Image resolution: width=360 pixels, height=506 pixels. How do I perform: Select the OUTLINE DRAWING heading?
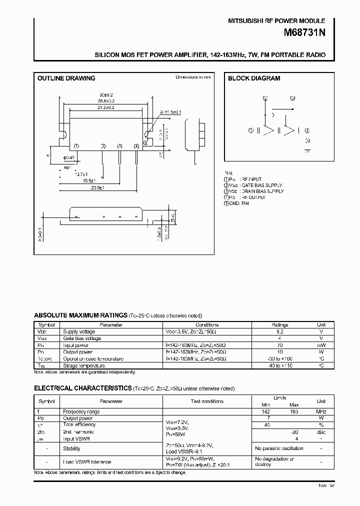pos(66,78)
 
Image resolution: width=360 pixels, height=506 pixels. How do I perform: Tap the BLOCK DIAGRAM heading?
pos(254,78)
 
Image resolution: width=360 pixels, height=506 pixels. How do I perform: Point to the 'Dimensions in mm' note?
pos(193,77)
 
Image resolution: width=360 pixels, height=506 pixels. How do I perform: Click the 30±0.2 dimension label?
pos(105,94)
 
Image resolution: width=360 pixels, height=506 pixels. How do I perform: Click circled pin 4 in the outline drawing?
pos(136,146)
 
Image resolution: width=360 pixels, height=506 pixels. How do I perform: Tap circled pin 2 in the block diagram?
pos(265,98)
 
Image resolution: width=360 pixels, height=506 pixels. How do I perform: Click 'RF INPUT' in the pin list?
pos(251,179)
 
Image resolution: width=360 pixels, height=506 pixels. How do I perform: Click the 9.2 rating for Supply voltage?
pos(279,331)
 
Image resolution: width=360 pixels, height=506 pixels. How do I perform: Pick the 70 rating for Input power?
pos(279,345)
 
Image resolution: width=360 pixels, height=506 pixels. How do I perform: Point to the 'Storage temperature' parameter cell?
pos(83,365)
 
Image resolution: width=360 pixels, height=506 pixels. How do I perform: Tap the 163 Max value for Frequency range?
pos(294,411)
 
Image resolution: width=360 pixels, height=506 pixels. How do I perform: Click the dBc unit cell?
pos(321,431)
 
